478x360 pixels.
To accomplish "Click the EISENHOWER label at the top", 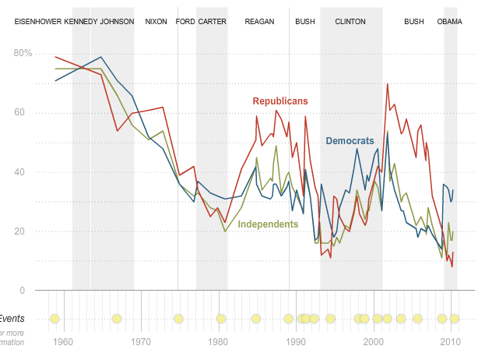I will pyautogui.click(x=38, y=22).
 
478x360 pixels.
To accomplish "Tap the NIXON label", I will pyautogui.click(x=156, y=22).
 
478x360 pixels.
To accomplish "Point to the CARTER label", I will pyautogui.click(x=212, y=22).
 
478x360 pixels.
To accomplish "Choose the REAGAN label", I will pyautogui.click(x=259, y=22).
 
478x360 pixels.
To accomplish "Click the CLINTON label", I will pyautogui.click(x=350, y=22).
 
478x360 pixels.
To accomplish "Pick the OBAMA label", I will pyautogui.click(x=449, y=22).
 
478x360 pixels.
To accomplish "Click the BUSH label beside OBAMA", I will pyautogui.click(x=414, y=22).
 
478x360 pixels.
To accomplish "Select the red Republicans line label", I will pyautogui.click(x=280, y=101).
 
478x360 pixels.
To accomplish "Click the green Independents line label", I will pyautogui.click(x=268, y=224).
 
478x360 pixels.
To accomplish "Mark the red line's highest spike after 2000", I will pyautogui.click(x=387, y=83).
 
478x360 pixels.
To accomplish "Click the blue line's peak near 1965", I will pyautogui.click(x=101, y=57).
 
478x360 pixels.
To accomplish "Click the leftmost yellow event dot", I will pyautogui.click(x=54, y=318).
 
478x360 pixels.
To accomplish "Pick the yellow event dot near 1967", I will pyautogui.click(x=117, y=318).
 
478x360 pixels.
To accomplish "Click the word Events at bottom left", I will pyautogui.click(x=12, y=318).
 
